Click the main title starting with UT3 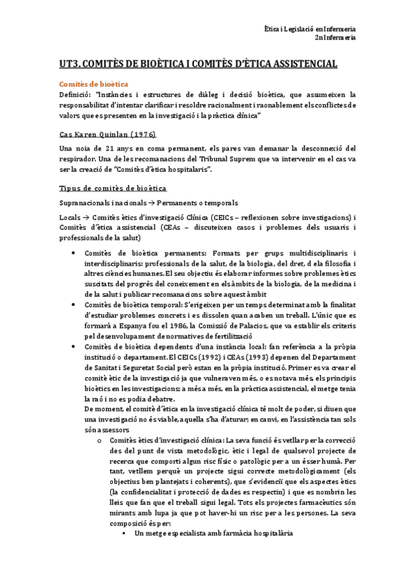199,64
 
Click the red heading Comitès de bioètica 94,83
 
